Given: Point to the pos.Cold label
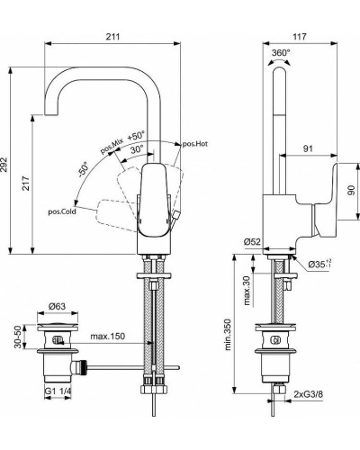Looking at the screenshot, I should pyautogui.click(x=63, y=211).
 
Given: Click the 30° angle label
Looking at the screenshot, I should pyautogui.click(x=136, y=149).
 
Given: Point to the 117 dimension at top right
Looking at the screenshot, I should pyautogui.click(x=300, y=37).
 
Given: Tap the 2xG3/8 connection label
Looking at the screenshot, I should pyautogui.click(x=310, y=393).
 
